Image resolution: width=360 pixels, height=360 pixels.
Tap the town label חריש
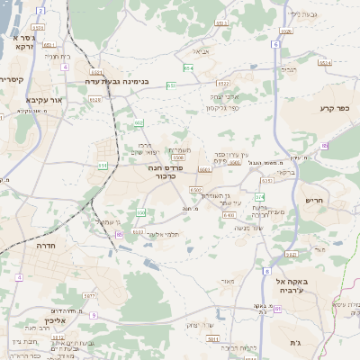(x=313, y=201)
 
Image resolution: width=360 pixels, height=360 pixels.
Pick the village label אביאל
(x=199, y=51)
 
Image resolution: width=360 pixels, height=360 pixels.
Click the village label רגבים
(x=288, y=68)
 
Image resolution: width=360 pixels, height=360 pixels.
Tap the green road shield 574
(x=261, y=195)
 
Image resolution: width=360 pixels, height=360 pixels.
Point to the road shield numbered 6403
(x=229, y=215)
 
